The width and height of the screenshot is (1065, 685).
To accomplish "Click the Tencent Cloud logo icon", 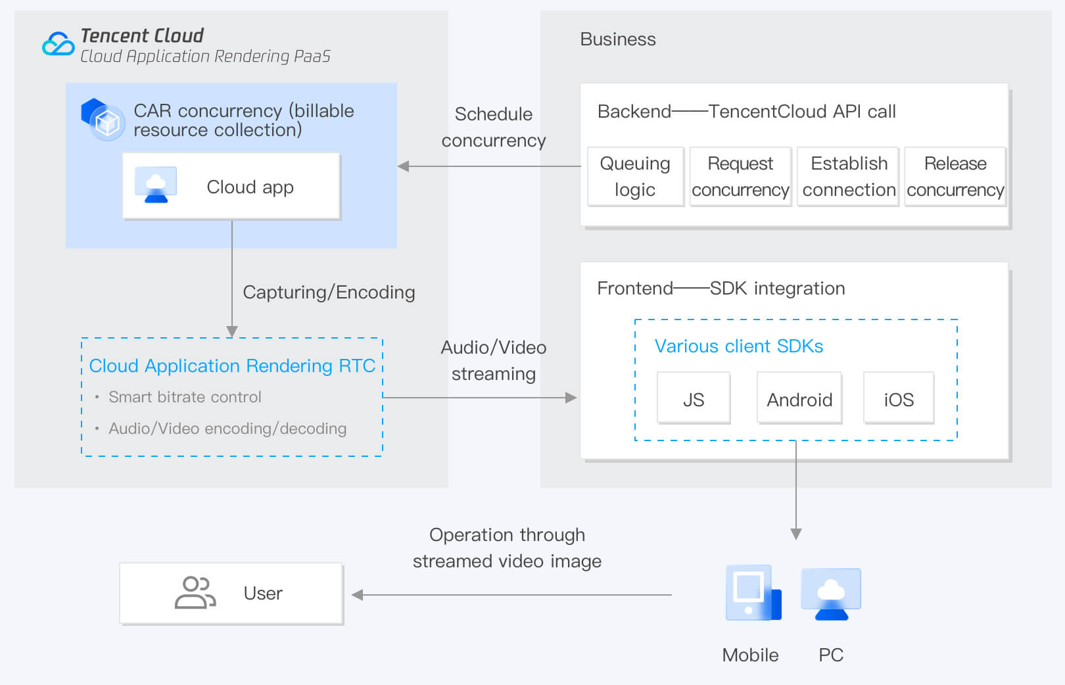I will pos(58,45).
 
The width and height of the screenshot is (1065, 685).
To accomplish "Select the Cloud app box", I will pos(231,187).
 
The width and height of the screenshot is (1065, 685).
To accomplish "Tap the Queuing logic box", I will pos(635,177).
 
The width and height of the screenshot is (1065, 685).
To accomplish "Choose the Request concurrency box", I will pos(740,177).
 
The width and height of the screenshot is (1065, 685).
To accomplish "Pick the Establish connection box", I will pos(848,177).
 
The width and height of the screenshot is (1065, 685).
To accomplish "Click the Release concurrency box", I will pos(955,177).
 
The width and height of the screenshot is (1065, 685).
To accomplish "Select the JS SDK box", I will pos(694,398).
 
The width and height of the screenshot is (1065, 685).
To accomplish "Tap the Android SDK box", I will pos(799,398).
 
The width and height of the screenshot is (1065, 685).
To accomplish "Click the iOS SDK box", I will pos(899,398).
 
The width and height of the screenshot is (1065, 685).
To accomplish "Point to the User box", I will pos(231,593).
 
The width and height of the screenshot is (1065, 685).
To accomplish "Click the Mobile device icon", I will pos(753,593).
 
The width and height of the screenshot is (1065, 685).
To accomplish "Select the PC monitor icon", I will pos(831,594).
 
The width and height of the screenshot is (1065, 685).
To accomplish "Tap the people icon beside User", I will pos(195,593).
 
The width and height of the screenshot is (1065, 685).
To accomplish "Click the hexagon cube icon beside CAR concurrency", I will pos(103,119).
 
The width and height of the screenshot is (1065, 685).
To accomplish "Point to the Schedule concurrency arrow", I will pos(489,166).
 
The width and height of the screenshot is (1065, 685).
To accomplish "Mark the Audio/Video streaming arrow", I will pos(479,398).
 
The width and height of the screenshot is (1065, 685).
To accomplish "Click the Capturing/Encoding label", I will pos(329,292).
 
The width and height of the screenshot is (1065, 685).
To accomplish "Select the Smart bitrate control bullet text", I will pos(185,397).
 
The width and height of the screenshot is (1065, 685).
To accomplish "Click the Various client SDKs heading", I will pos(738,346).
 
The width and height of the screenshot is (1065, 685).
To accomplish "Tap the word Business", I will pos(617,39).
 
